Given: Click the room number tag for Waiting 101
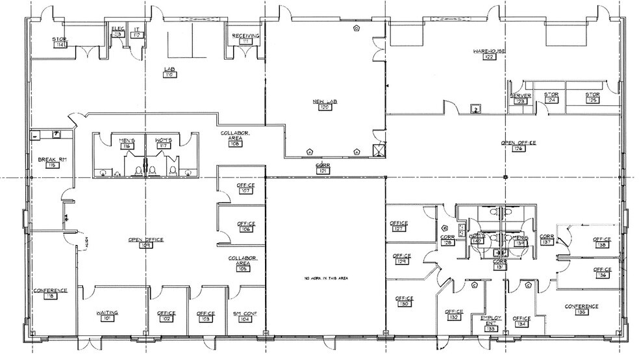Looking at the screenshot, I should coord(106,319).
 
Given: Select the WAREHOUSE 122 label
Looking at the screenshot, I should coord(489,53).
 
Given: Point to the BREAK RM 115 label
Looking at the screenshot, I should coord(51,162).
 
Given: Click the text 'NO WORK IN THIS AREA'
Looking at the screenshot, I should coord(323,278).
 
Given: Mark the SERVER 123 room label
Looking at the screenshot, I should coord(520,98).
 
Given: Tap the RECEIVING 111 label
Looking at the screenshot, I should coord(246,38).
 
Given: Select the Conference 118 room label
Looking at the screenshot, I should coord(51,293).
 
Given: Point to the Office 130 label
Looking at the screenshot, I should coord(405,302).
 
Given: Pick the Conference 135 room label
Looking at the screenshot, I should coord(581,309).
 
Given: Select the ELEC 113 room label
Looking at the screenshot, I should coord(118,31).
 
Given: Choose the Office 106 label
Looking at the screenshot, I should coord(245,226).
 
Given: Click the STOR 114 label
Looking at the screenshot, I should coord(61,42).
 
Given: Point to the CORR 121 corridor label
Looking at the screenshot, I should coord(323,168).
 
